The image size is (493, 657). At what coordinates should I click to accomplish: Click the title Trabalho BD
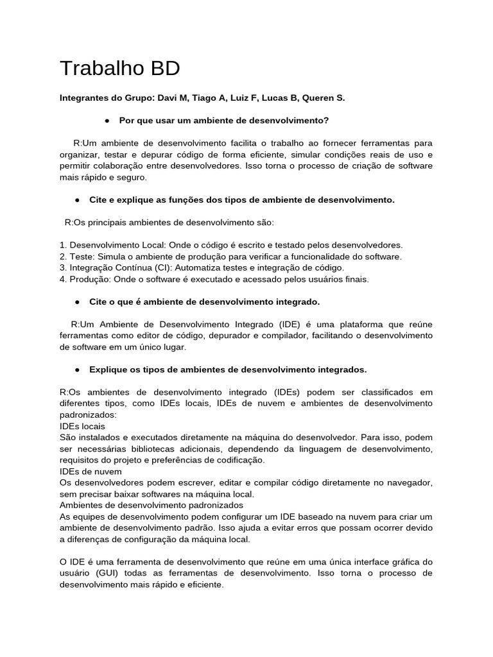coord(119,69)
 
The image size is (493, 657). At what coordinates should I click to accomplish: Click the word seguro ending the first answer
coord(132,177)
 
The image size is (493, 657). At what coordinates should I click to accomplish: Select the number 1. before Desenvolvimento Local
coord(63,245)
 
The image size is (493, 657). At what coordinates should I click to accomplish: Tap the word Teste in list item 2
coord(81,257)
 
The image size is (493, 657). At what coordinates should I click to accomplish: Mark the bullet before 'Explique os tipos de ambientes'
coord(76,370)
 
